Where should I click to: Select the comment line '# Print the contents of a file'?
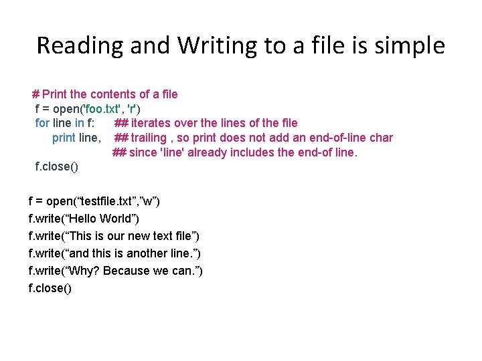104,94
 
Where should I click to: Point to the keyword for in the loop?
42,123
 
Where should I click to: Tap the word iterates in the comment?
155,123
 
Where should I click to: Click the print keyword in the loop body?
64,138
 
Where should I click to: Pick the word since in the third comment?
144,152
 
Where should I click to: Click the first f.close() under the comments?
56,166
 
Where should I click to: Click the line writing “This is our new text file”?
114,236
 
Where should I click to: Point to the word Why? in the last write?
84,271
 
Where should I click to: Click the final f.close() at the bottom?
50,288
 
